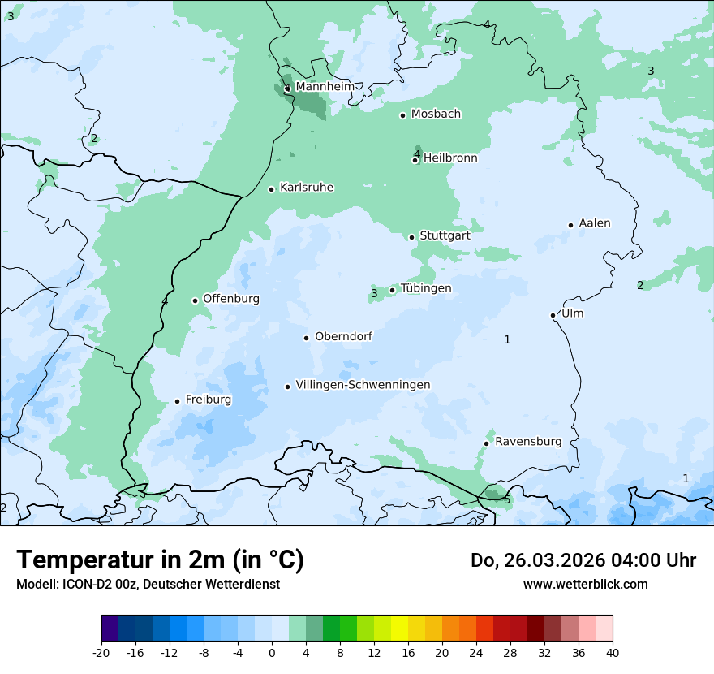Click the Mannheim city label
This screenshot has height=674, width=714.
pos(325,87)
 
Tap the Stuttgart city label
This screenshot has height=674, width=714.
pos(445,235)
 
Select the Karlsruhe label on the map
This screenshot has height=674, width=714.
pos(307,188)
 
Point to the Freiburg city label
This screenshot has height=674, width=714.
pos(209,400)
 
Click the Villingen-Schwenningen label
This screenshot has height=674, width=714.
pos(363,385)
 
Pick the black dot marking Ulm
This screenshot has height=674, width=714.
pos(553,315)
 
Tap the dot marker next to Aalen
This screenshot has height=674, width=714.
pos(570,225)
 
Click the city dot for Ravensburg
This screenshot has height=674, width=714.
pos(486,443)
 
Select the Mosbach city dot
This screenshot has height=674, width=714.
pos(402,115)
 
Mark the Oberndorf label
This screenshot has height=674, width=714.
pos(343,336)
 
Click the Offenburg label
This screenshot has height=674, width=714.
pos(231,299)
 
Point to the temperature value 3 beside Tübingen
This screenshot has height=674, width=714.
pos(374,293)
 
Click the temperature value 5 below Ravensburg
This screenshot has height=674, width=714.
pos(507,499)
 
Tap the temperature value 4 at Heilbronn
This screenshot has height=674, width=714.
pos(417,153)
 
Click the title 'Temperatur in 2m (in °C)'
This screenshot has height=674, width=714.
pos(160,560)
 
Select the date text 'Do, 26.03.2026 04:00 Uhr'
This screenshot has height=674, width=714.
pos(583,560)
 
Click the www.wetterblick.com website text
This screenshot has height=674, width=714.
pos(585,584)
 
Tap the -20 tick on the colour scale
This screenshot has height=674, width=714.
pos(101,653)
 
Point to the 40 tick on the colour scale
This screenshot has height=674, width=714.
pos(612,653)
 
